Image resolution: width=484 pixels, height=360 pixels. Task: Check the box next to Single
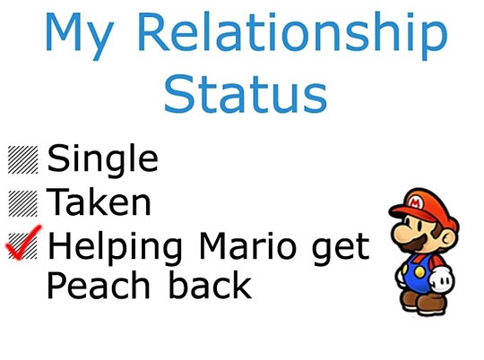click(22, 159)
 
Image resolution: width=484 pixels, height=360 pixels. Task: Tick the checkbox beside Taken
click(22, 203)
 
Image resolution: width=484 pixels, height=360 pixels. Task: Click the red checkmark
click(22, 244)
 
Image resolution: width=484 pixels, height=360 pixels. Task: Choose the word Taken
click(99, 202)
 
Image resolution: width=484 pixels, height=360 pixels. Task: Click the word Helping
click(115, 248)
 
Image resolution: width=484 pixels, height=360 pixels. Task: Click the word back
click(211, 284)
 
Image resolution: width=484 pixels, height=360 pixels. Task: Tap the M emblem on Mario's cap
click(414, 203)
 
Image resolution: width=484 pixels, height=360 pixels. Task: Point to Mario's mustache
click(416, 243)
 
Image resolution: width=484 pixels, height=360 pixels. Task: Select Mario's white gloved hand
click(442, 279)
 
